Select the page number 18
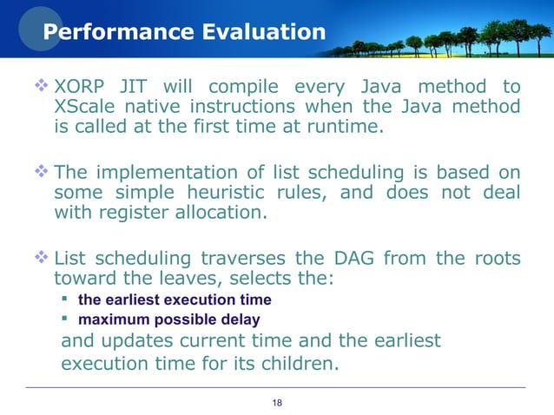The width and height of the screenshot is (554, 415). click(x=278, y=402)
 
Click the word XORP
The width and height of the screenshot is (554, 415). click(x=82, y=87)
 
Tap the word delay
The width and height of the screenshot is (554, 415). click(x=241, y=319)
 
